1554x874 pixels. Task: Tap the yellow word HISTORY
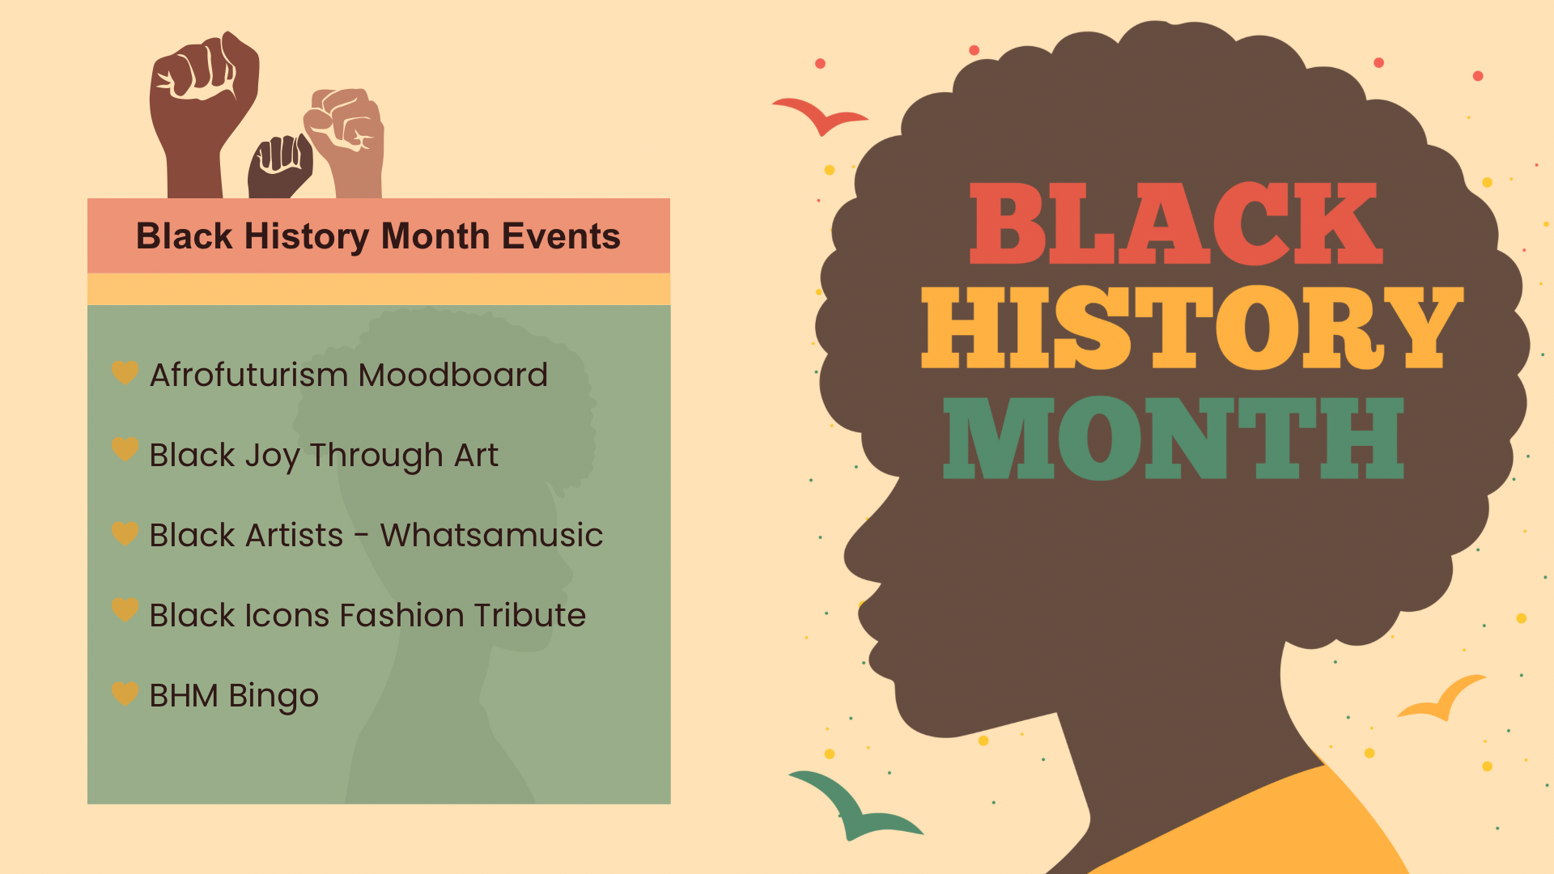pos(1192,328)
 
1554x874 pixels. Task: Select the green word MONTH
pos(1174,438)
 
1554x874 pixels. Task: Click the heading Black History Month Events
pos(378,236)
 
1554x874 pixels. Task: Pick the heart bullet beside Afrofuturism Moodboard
pos(125,372)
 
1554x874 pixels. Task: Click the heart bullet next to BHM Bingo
pos(125,693)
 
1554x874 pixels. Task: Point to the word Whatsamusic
pos(492,535)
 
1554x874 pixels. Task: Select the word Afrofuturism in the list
pos(249,375)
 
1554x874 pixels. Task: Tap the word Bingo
pos(274,697)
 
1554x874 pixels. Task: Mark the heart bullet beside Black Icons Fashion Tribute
pos(125,609)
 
